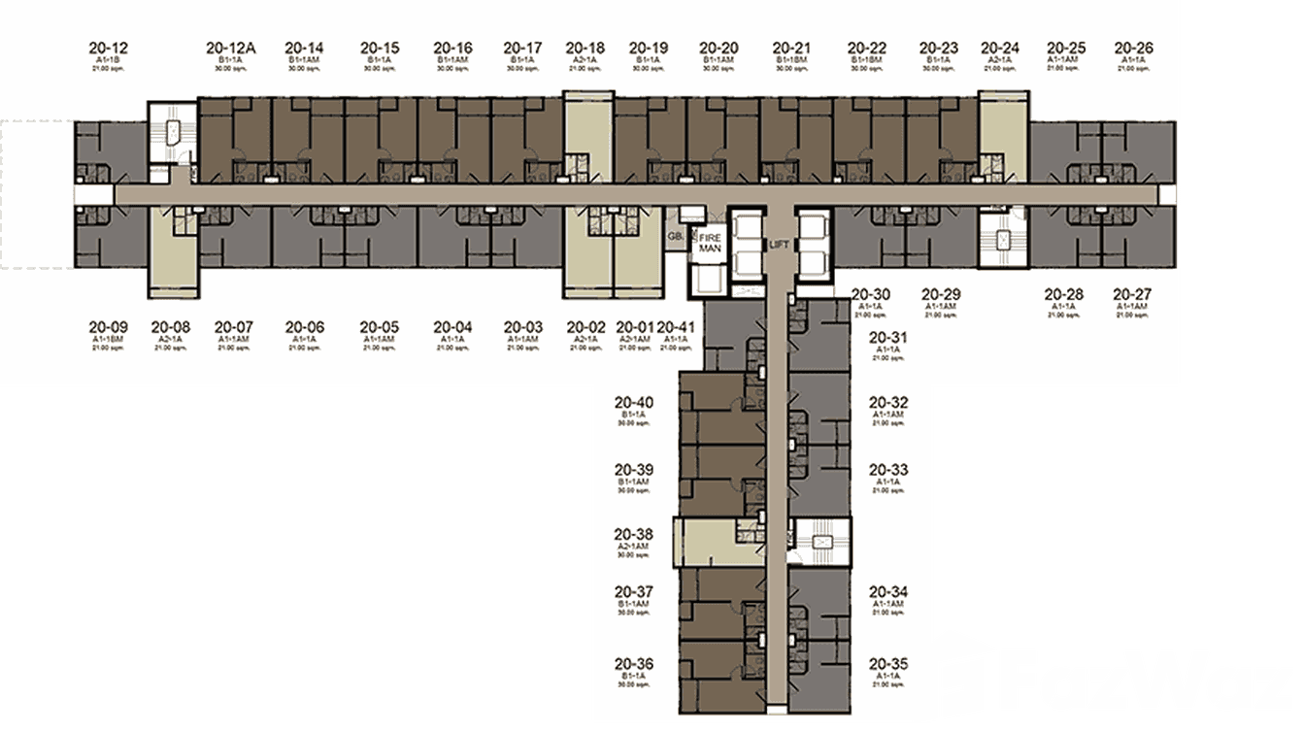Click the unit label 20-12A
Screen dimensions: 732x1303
click(230, 47)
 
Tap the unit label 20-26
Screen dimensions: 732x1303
click(1133, 47)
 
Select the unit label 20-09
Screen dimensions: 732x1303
click(106, 327)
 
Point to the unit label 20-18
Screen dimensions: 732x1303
click(585, 47)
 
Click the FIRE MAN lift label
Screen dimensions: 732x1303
click(707, 243)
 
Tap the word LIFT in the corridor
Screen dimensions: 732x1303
click(779, 246)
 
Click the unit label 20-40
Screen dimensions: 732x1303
click(633, 403)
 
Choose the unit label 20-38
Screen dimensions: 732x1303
click(633, 534)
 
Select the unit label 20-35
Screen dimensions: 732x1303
click(887, 664)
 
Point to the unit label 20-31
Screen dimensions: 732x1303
click(887, 338)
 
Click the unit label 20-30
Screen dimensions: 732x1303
click(870, 294)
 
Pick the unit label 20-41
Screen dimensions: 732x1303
click(676, 327)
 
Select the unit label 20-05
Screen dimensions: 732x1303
click(379, 327)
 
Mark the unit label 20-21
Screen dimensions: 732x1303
click(792, 47)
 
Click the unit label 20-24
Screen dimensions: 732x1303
click(1000, 47)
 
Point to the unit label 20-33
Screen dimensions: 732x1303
click(887, 470)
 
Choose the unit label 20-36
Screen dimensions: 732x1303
click(633, 664)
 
